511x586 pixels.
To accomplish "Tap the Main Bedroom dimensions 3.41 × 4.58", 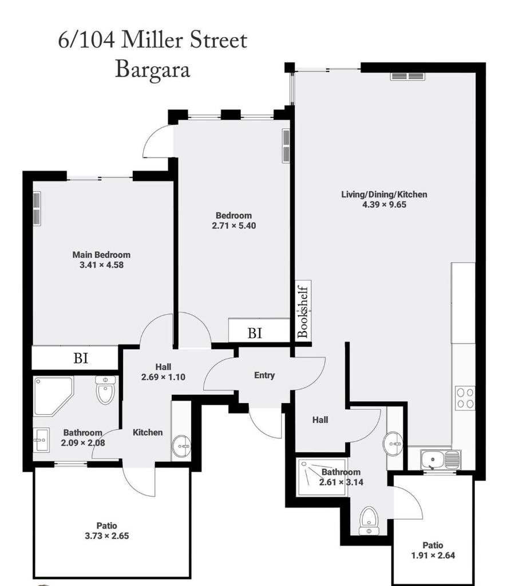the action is [x=101, y=265].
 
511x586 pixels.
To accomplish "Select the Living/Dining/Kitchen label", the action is [x=384, y=195].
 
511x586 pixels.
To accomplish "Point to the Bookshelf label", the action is [x=303, y=312].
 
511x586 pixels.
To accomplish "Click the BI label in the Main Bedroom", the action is [x=81, y=358].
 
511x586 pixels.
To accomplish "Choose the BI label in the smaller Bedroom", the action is [x=255, y=332].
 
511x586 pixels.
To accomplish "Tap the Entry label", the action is [x=264, y=375].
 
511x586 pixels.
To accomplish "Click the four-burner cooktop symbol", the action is [x=465, y=398].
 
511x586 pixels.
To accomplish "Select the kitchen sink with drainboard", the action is [x=441, y=460].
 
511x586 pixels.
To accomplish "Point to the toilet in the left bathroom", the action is [x=105, y=390].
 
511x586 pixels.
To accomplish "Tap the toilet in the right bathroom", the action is [x=369, y=521].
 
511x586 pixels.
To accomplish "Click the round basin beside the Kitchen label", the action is [x=181, y=446].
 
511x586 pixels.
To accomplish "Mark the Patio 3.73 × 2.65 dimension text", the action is [x=107, y=536].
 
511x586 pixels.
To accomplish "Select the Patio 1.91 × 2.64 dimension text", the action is [x=433, y=555].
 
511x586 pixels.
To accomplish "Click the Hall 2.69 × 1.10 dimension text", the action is [x=163, y=377].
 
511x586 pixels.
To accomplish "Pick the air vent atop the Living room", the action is [x=408, y=76].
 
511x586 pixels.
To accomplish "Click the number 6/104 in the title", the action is [x=86, y=41].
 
